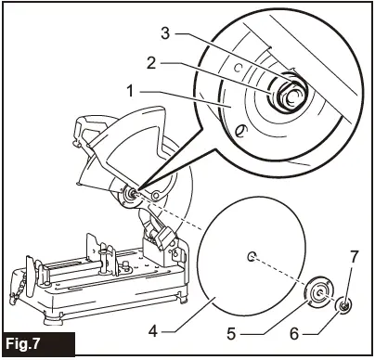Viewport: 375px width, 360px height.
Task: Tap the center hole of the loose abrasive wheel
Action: pos(252,255)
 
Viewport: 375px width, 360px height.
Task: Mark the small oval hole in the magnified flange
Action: pos(242,133)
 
